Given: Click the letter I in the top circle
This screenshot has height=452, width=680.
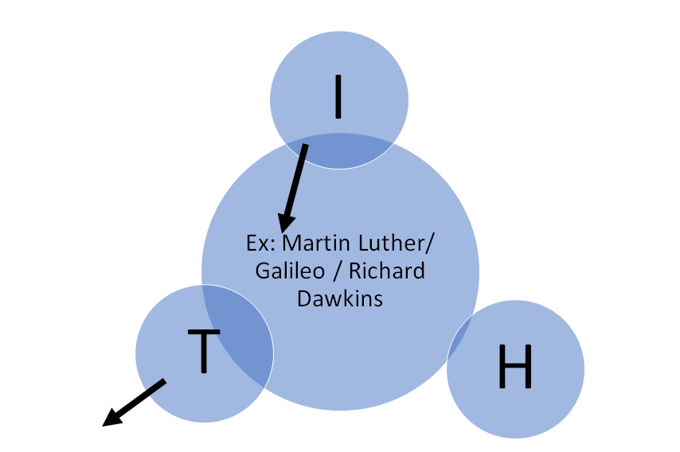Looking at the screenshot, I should (x=338, y=97).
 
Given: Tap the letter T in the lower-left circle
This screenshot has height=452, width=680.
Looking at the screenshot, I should (x=203, y=351).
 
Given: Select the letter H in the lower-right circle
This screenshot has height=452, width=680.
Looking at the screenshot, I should (x=514, y=368).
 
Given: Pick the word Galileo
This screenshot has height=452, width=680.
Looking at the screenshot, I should (x=289, y=271).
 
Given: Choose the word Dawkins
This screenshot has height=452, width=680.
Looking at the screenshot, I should (x=341, y=298).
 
